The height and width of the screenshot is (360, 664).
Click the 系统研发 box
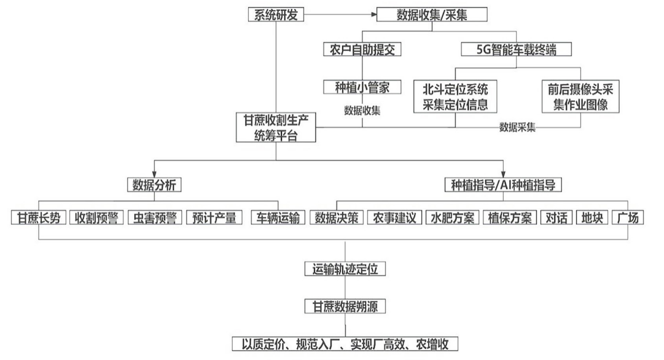[276, 15]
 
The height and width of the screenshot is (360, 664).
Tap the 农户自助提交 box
[362, 50]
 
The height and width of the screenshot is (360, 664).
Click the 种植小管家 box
[362, 87]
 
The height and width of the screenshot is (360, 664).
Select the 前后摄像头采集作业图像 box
[580, 96]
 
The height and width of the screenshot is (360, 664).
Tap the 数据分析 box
[154, 184]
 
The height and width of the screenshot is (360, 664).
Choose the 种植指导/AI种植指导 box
[503, 184]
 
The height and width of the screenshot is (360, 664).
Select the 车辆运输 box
[278, 217]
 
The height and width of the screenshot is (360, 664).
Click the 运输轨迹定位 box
[345, 269]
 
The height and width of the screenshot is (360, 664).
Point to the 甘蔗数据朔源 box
[345, 305]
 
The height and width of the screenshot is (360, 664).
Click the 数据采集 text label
[517, 128]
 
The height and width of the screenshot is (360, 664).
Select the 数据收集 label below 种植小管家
[362, 111]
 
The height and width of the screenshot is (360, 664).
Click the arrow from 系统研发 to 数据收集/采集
[340, 15]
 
